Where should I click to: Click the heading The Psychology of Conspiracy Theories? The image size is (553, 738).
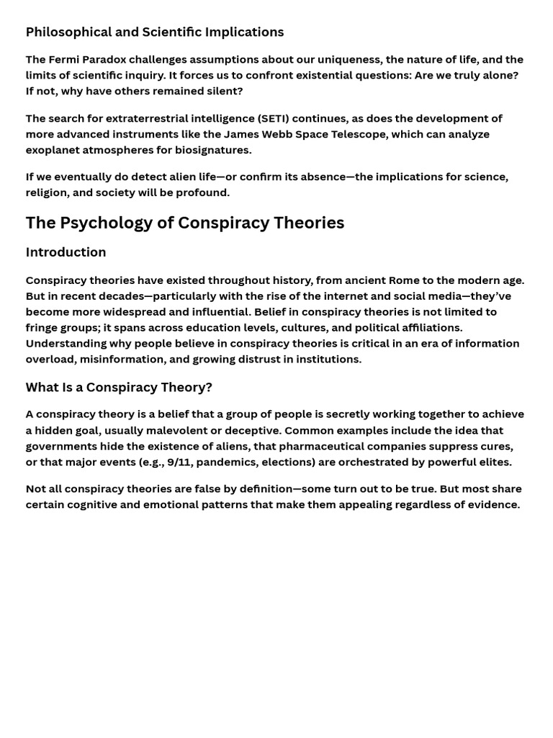(184, 223)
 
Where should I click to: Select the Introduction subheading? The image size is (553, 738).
(66, 252)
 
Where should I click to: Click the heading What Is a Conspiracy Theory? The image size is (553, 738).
(119, 388)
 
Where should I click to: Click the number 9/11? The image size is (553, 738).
(179, 462)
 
